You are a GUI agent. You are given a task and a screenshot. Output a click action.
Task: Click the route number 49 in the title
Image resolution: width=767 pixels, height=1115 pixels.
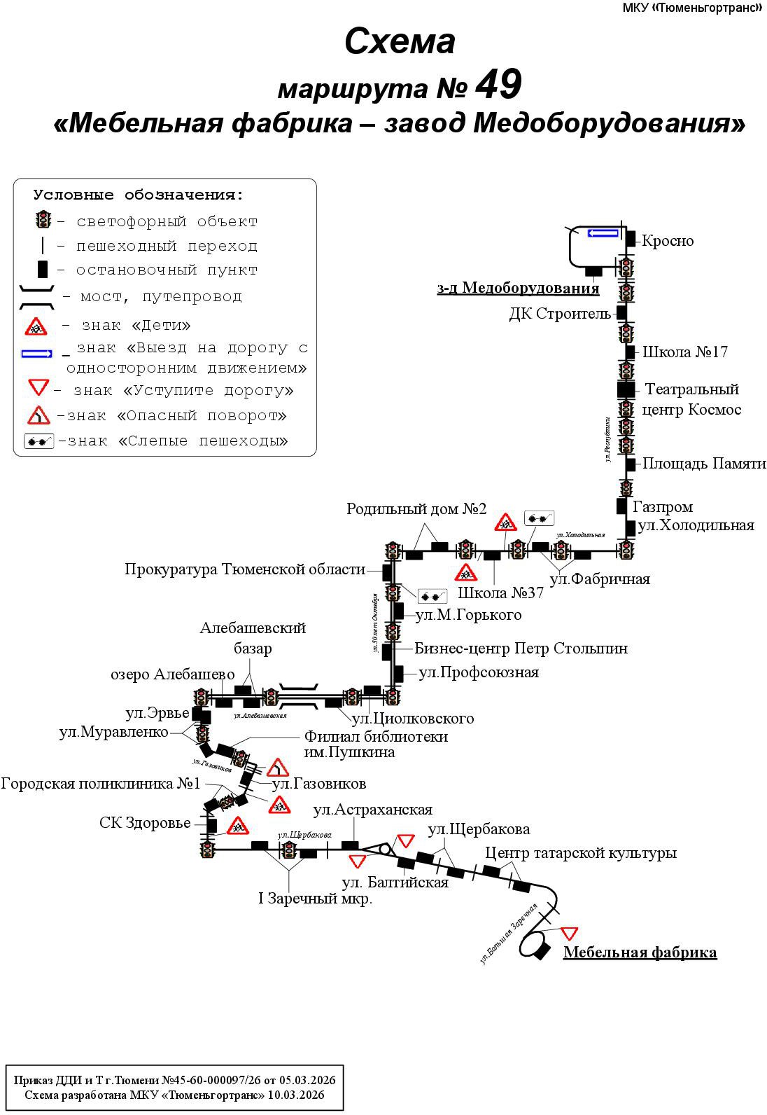[x=498, y=86]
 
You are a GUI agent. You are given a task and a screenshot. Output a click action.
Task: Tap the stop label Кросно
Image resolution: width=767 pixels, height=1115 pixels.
[x=668, y=241]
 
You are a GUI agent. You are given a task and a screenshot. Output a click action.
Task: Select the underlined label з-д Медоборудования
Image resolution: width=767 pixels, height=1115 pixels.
[x=518, y=288]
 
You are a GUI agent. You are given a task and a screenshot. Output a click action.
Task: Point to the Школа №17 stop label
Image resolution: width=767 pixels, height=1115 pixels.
[x=684, y=352]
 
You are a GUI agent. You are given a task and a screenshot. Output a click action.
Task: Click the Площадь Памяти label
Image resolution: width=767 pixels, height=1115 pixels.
[x=703, y=464]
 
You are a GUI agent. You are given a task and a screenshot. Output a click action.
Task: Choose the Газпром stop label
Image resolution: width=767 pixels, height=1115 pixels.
[x=662, y=506]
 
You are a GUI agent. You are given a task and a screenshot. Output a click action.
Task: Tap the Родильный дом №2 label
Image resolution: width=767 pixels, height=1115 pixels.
[x=416, y=509]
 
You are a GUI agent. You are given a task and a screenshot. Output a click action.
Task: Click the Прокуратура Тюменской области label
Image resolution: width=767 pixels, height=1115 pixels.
[x=245, y=569]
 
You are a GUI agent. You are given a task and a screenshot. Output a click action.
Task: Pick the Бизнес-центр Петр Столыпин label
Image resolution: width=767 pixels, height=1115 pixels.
[x=521, y=649]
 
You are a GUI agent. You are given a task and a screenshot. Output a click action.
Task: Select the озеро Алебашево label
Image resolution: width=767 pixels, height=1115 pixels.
[x=173, y=674]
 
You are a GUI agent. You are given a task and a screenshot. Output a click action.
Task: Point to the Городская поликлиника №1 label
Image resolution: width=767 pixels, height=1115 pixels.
[x=101, y=783]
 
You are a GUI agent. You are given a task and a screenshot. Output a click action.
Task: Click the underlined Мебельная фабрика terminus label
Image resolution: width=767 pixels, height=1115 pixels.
[x=640, y=953]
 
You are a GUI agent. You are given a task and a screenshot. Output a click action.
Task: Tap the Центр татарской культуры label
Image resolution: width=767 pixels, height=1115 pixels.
[x=581, y=853]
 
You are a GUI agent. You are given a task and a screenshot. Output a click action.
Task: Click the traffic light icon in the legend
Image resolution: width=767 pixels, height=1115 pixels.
[x=43, y=221]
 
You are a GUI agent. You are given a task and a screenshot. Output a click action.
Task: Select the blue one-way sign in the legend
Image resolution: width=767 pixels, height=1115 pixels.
[x=37, y=354]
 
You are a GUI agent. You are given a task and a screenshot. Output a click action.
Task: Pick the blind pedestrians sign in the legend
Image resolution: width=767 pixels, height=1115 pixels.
[x=39, y=442]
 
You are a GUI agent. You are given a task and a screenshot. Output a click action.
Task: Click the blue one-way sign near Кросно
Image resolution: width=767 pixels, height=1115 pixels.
[x=603, y=233]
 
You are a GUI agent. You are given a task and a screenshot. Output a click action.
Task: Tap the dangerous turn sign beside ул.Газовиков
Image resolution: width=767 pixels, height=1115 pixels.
[x=278, y=768]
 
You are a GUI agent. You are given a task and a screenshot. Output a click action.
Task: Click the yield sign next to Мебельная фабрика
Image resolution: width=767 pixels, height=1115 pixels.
[x=569, y=933]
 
